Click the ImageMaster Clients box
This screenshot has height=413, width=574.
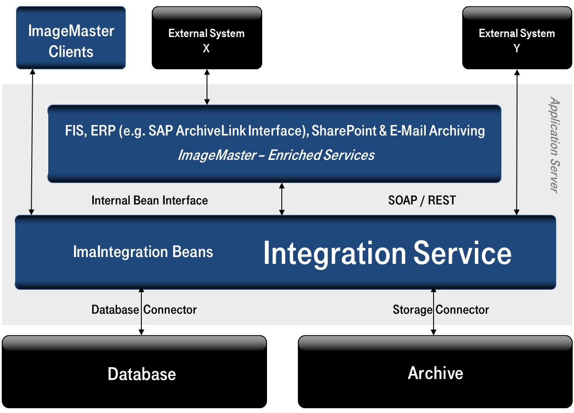(71, 38)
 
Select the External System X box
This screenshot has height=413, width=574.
(207, 38)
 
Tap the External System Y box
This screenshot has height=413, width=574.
(517, 38)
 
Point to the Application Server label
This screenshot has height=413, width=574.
(554, 145)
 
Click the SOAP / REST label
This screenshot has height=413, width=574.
(422, 200)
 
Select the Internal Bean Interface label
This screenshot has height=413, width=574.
(150, 200)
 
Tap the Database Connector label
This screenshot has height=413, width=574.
(144, 310)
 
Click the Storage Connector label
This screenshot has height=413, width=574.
(441, 310)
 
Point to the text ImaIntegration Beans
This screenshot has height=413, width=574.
(143, 252)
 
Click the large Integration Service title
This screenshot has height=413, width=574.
(387, 253)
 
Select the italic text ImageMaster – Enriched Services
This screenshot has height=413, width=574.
(276, 155)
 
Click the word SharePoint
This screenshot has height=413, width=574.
(344, 131)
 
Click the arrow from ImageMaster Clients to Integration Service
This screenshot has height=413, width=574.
(32, 142)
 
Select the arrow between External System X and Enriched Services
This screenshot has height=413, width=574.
(207, 87)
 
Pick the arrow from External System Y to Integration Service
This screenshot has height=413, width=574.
(517, 142)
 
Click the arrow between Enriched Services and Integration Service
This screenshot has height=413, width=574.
(282, 199)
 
